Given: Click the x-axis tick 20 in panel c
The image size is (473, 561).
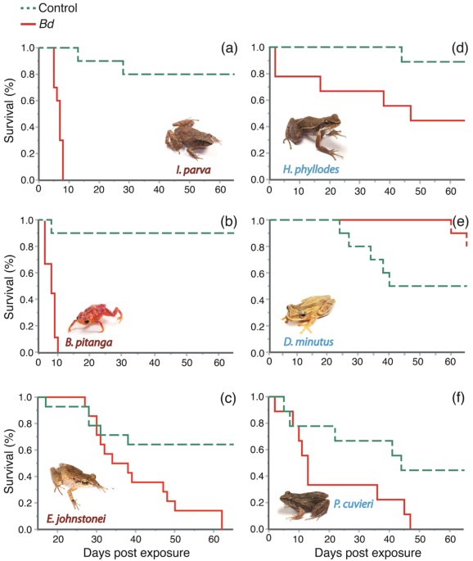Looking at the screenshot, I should tap(56, 540).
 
